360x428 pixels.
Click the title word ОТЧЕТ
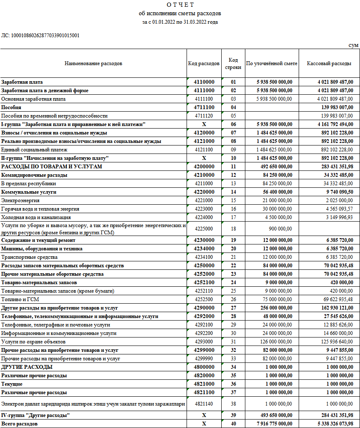[x=180, y=5]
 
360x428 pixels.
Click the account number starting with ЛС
[x=40, y=36]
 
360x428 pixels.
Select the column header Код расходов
[x=204, y=63]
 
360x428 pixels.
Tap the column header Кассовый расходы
[x=329, y=63]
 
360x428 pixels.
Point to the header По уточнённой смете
[x=272, y=63]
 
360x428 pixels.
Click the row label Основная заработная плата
[x=33, y=99]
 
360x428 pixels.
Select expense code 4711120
[x=204, y=115]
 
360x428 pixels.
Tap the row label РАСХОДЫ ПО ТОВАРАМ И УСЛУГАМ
[x=52, y=167]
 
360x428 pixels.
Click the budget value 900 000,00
[x=280, y=228]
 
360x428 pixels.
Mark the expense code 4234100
[x=204, y=257]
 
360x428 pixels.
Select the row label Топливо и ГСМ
[x=19, y=299]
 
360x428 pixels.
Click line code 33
[x=233, y=358]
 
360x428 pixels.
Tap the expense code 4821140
[x=204, y=403]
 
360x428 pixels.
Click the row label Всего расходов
[x=19, y=423]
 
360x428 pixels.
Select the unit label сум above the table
[x=353, y=45]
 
